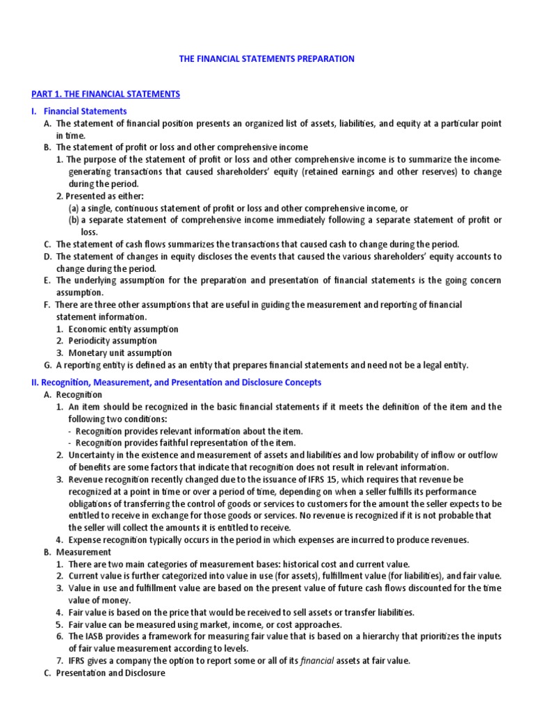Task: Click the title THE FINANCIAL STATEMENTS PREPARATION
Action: pyautogui.click(x=267, y=59)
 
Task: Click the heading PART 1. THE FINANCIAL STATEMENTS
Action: pyautogui.click(x=106, y=94)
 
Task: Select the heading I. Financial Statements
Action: pyautogui.click(x=79, y=111)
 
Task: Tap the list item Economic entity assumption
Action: pyautogui.click(x=122, y=329)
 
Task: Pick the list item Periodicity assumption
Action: pyautogui.click(x=112, y=341)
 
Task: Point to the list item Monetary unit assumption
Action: pyautogui.click(x=119, y=353)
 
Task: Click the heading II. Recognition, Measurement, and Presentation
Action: pyautogui.click(x=176, y=382)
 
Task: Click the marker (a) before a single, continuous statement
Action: pyautogui.click(x=73, y=208)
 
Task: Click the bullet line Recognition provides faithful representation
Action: pyautogui.click(x=185, y=443)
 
